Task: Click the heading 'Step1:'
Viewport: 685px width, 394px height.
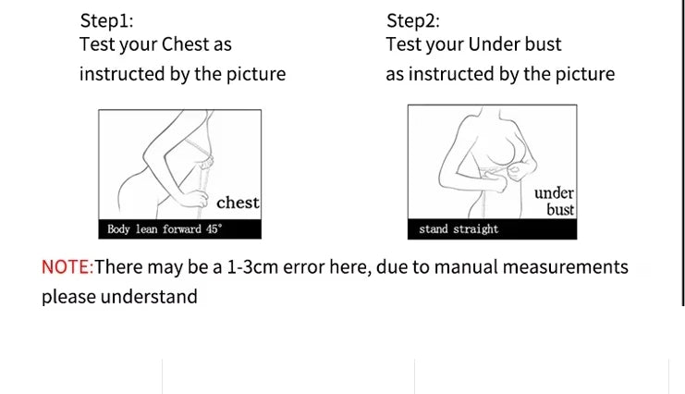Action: point(106,20)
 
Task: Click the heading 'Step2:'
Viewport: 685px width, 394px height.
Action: point(413,20)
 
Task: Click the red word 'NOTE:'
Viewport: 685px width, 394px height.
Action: point(67,267)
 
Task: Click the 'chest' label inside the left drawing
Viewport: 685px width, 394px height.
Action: point(238,203)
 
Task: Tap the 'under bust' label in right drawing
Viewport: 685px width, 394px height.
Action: point(555,201)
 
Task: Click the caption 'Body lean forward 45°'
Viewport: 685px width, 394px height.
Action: point(165,229)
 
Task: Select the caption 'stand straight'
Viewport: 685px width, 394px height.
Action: point(459,229)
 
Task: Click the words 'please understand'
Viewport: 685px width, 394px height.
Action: point(119,297)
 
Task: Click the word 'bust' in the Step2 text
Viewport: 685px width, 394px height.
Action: point(542,44)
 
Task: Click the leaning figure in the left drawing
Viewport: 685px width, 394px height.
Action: point(166,166)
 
